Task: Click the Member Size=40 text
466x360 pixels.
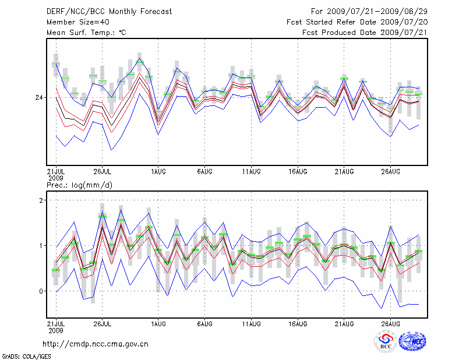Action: pyautogui.click(x=76, y=22)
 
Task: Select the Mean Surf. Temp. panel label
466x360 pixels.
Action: pyautogui.click(x=86, y=33)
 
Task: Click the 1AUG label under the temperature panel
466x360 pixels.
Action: pyautogui.click(x=158, y=171)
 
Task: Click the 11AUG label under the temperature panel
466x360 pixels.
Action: pyautogui.click(x=251, y=171)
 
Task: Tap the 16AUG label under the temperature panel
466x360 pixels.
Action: pyautogui.click(x=298, y=171)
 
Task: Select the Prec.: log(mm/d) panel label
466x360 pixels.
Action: pyautogui.click(x=80, y=185)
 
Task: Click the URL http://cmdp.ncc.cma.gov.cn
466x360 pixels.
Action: pyautogui.click(x=96, y=344)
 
